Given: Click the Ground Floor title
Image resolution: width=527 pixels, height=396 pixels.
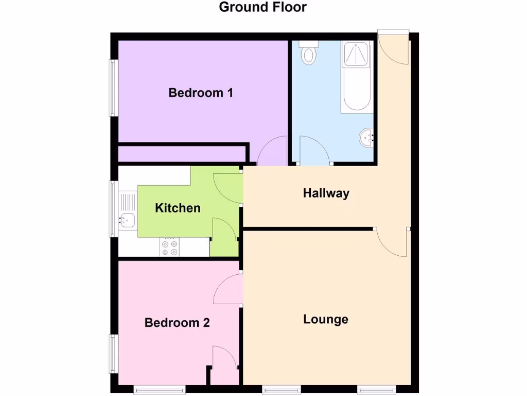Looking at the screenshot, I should click(x=263, y=7).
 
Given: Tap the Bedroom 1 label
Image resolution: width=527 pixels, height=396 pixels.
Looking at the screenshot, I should click(x=201, y=93).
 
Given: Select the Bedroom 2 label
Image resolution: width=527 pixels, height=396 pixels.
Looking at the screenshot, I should click(x=177, y=323).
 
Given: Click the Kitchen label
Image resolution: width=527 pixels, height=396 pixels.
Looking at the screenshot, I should click(x=178, y=208).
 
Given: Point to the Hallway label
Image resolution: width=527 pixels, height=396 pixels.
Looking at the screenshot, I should click(x=326, y=193).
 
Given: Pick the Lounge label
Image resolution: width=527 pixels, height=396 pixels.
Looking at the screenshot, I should click(x=326, y=319).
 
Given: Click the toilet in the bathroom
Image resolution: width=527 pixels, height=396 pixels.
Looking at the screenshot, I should click(x=309, y=53).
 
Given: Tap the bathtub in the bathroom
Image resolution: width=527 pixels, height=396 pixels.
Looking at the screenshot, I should click(x=356, y=77).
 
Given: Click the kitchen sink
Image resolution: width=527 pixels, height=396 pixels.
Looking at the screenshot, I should click(x=127, y=221).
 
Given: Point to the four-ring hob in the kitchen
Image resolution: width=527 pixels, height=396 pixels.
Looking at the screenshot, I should click(x=170, y=247).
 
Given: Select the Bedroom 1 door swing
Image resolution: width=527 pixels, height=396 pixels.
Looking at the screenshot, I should click(x=273, y=151).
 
